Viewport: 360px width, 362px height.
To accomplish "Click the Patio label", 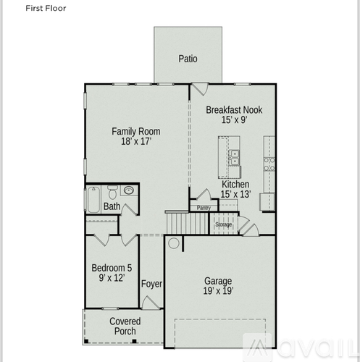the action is click(x=188, y=59).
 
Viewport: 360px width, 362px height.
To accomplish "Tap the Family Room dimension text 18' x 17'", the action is click(x=136, y=141).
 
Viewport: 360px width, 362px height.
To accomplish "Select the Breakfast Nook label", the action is click(x=234, y=110).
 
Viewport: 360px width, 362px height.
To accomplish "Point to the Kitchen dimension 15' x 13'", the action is click(x=235, y=194).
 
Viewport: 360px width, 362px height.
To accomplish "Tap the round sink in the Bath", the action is click(x=129, y=190).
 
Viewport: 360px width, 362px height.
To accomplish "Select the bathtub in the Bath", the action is click(x=93, y=199).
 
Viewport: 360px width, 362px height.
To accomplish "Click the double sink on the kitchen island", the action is click(x=234, y=158).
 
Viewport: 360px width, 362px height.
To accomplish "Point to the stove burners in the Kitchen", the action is click(x=269, y=164).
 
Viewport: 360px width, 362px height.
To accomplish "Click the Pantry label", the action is click(x=204, y=208).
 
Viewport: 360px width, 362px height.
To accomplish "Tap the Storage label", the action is click(x=224, y=224).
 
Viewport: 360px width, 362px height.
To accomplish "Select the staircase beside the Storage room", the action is click(x=187, y=222).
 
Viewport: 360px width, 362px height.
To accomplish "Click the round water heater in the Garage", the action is click(x=174, y=243).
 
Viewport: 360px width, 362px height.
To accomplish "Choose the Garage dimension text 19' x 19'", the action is click(x=218, y=291).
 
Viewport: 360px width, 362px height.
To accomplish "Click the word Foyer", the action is click(x=151, y=284).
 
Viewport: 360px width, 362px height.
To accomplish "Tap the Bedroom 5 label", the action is click(x=112, y=268).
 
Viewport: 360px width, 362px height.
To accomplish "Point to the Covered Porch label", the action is click(x=125, y=326).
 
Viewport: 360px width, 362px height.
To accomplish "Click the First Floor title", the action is click(x=46, y=8).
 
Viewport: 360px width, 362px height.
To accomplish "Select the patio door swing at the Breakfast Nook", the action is click(x=200, y=89).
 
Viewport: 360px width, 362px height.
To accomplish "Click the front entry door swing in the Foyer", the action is click(x=150, y=303).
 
